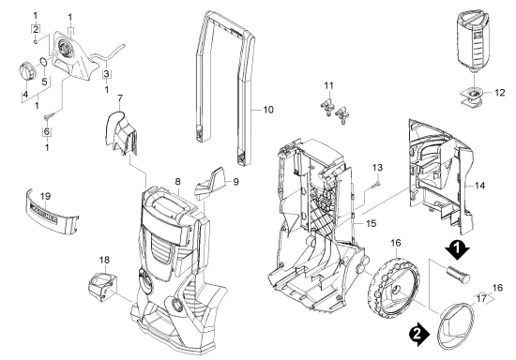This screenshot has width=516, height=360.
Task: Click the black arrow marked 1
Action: tap(457, 251)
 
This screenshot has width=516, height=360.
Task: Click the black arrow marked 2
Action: tap(419, 334)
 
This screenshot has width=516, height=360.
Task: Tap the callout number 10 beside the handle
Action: tap(268, 110)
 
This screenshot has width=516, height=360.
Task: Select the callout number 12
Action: tap(499, 93)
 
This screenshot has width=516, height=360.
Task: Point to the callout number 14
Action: tap(479, 186)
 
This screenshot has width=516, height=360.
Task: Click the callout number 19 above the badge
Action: tap(45, 197)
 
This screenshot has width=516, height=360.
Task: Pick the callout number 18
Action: tap(104, 260)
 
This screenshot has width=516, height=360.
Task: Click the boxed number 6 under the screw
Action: tap(47, 131)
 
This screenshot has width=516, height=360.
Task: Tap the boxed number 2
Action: tap(36, 29)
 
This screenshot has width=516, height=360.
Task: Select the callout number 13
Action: tap(377, 168)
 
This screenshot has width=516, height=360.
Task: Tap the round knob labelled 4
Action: tap(25, 71)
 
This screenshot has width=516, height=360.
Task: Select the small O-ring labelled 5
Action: tap(43, 62)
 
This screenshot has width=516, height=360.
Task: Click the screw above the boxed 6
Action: tap(50, 115)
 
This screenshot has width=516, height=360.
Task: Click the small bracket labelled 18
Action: tap(102, 287)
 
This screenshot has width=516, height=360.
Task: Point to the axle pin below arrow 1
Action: tap(458, 275)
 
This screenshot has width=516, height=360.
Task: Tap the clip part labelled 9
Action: tap(211, 183)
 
